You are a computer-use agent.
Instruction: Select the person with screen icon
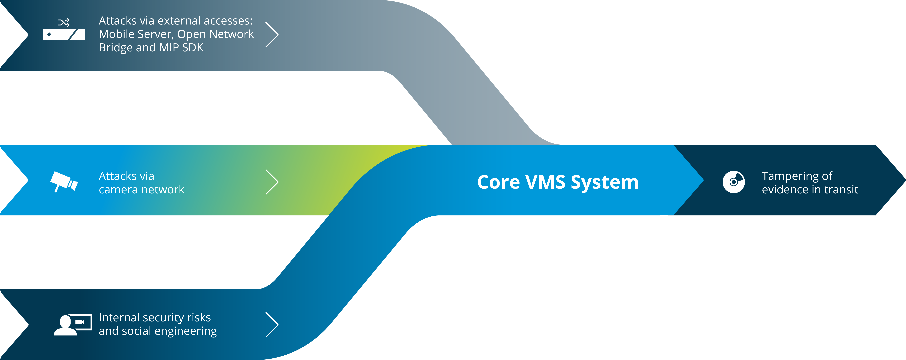(73, 324)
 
